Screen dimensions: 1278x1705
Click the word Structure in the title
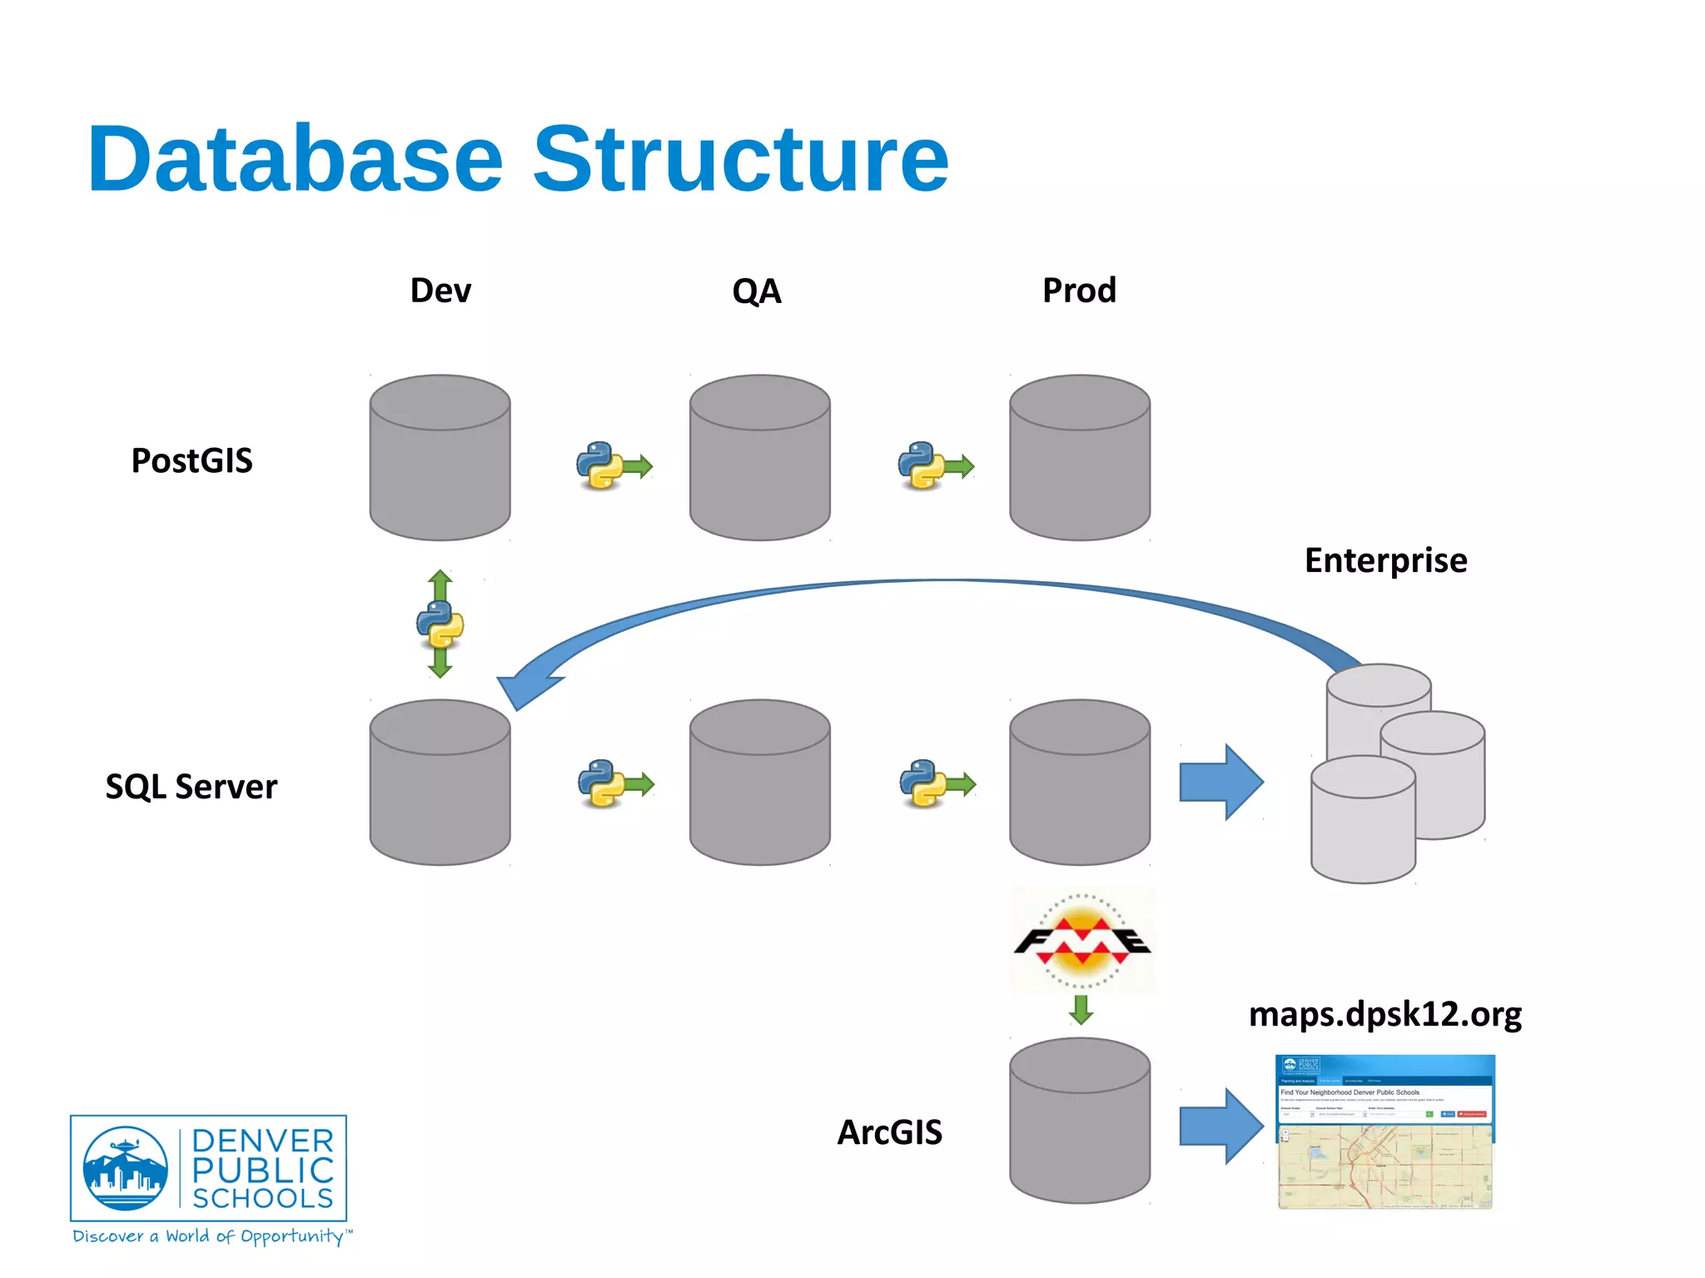coord(740,158)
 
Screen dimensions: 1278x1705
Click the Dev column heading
coord(440,291)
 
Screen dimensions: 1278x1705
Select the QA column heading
coord(756,291)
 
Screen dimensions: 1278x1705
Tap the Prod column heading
coord(1079,291)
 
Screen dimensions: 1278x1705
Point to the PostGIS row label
coord(191,460)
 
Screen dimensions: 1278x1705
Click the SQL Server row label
coord(191,786)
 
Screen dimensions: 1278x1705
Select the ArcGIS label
coord(889,1132)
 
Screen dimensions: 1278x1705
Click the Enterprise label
coord(1385,560)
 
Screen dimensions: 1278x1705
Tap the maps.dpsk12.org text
coord(1384,1014)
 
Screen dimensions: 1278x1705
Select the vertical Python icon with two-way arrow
coord(440,624)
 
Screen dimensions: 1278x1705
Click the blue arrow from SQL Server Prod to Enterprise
coord(1220,783)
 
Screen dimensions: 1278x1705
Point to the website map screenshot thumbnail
coord(1384,1132)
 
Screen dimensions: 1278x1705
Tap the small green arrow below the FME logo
coord(1081,1009)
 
